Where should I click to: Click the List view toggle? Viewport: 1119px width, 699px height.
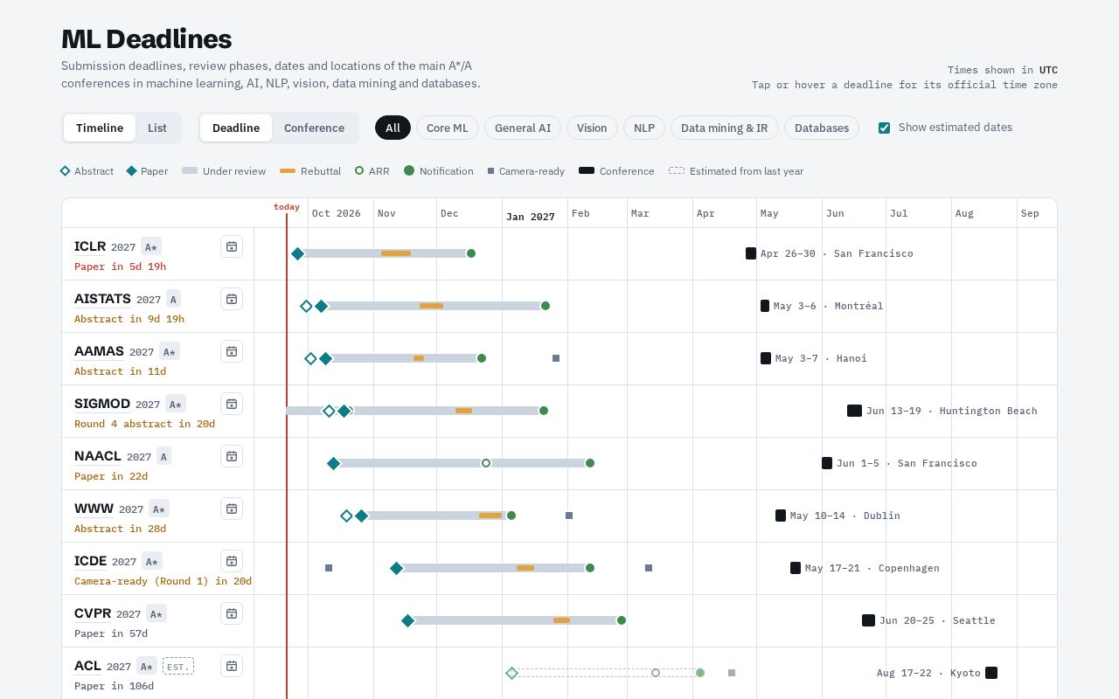tap(156, 128)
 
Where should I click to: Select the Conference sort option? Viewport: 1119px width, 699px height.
tap(314, 128)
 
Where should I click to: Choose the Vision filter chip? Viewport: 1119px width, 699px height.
tap(592, 128)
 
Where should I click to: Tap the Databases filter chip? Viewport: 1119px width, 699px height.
tap(821, 128)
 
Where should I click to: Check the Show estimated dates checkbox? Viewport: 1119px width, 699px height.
tap(884, 128)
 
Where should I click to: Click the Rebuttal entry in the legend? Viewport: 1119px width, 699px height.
tap(310, 171)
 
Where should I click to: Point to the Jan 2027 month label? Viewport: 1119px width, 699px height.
tap(530, 217)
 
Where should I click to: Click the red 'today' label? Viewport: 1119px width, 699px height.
tap(286, 207)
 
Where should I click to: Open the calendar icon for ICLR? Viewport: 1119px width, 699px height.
tap(232, 246)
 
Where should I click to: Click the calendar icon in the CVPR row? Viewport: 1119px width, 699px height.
tap(232, 613)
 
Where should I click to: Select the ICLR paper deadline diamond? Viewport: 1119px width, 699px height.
tap(298, 253)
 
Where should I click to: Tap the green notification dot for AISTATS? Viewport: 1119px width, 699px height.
tap(546, 306)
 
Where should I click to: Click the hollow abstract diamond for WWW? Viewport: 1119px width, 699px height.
tap(346, 516)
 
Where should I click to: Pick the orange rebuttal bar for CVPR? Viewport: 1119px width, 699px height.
tap(561, 620)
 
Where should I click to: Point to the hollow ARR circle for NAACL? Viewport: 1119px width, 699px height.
tap(485, 463)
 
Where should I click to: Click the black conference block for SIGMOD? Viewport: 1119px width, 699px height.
tap(854, 411)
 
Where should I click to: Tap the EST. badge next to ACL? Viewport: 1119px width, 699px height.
tap(177, 667)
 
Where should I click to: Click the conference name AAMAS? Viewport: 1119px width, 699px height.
tap(99, 351)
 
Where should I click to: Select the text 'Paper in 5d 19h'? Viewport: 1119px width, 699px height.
tap(120, 266)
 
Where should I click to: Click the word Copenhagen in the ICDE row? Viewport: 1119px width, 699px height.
tap(908, 568)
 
